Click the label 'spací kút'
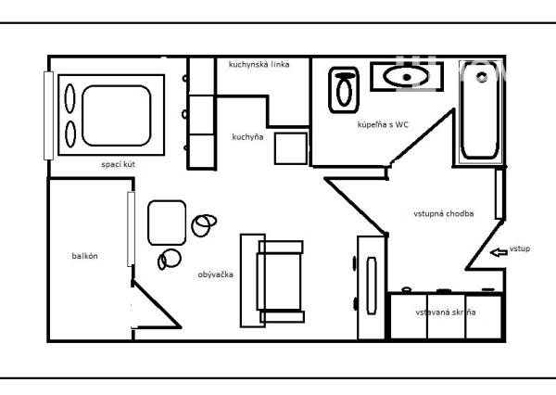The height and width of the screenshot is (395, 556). pos(118,165)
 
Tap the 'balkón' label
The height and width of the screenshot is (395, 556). pos(84,256)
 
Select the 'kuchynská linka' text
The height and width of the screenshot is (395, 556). pos(259,65)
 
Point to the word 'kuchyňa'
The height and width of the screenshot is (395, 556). pos(247,137)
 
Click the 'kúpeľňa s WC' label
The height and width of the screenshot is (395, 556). pos(383,124)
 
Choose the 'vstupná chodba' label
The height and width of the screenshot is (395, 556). pos(444,213)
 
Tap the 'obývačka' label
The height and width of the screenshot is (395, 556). pos(216,274)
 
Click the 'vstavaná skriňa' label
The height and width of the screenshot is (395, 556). pos(446,312)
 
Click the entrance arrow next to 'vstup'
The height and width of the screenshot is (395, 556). pos(499,252)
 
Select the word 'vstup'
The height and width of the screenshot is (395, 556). pos(520,248)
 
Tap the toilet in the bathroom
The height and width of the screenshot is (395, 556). pos(344,90)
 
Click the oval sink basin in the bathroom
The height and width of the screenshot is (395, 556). pos(407,77)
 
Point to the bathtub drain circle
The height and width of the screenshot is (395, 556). pos(482,77)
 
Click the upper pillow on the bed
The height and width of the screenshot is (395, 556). pos(69,98)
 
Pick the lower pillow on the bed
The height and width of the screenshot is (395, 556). pos(70,134)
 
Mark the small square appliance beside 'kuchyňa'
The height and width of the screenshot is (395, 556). pos(291,148)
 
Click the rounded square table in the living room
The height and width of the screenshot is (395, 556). pos(167,223)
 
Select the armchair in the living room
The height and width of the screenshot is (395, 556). pos(280,282)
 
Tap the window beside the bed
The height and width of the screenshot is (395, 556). pos(48,116)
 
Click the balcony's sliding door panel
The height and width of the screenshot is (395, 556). pos(131,229)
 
